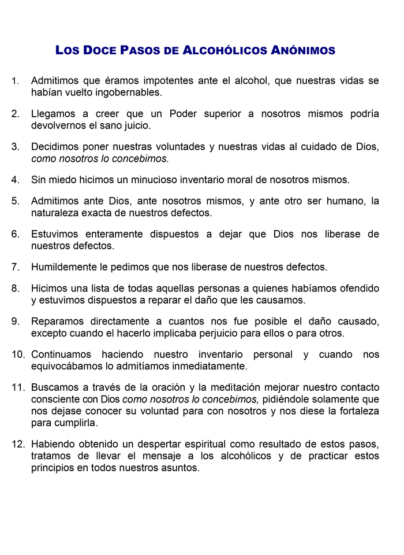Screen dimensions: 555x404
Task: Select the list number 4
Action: pos(16,180)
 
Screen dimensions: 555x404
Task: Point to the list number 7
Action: pos(16,267)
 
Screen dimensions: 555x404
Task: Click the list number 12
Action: pos(18,444)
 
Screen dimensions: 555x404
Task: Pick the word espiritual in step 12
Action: pos(205,444)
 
